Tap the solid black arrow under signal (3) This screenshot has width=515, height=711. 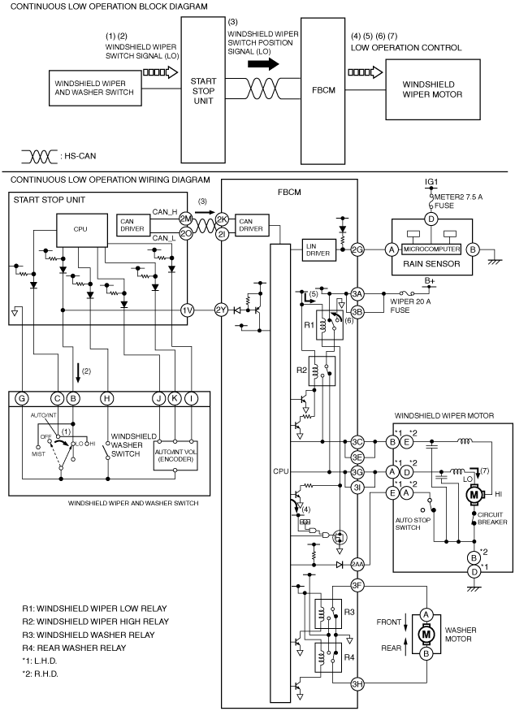pos(264,64)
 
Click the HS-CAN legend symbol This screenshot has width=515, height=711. pos(40,157)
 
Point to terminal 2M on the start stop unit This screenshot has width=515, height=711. pos(186,219)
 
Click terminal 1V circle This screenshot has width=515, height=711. pos(187,310)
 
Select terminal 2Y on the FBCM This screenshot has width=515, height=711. pos(221,310)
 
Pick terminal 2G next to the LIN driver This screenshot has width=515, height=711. pos(357,249)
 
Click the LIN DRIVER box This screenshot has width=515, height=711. pos(319,249)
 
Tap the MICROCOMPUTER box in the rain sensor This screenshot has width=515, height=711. pos(431,249)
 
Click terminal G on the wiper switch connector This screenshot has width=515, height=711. pos(21,399)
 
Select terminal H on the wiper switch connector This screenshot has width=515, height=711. pos(106,399)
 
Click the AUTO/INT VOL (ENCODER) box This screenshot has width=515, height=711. pos(175,455)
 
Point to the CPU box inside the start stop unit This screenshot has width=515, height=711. pos(81,230)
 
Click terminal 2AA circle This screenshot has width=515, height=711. pos(357,565)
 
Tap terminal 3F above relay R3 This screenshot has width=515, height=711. pos(357,585)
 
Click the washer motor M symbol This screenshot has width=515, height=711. pos(426,634)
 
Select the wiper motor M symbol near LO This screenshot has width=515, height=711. pos(474,494)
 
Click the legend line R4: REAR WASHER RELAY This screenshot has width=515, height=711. pos(74,648)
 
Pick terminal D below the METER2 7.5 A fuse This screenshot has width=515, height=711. pos(431,219)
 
